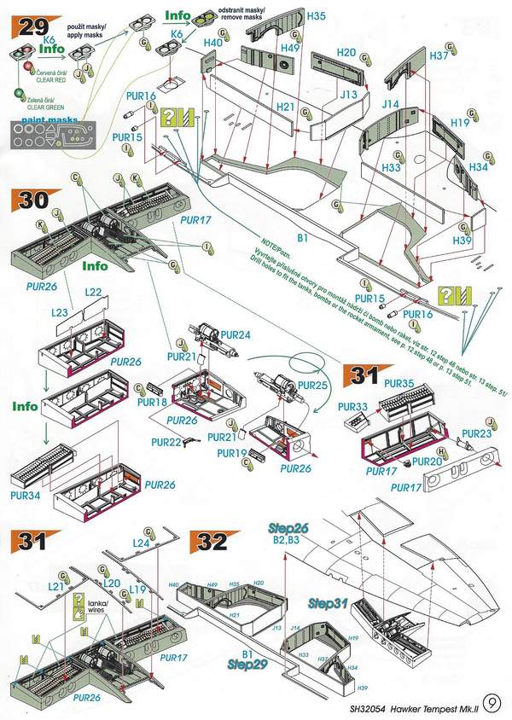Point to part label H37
439,55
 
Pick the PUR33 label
353,407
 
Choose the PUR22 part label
166,441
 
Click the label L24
142,543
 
